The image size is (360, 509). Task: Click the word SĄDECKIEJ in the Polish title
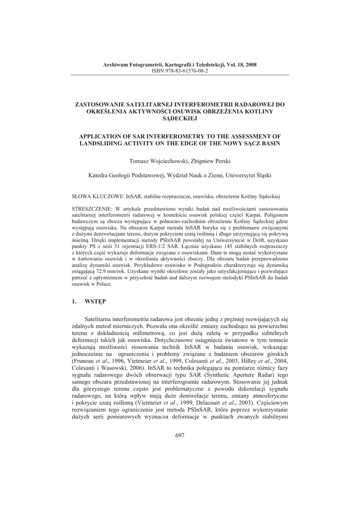(x=180, y=119)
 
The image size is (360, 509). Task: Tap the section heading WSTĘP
(x=95, y=302)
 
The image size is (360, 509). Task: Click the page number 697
(x=180, y=436)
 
